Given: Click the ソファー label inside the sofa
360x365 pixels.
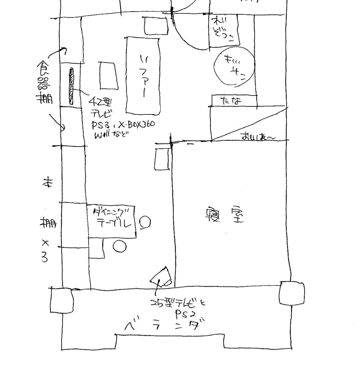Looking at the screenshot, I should (144, 75).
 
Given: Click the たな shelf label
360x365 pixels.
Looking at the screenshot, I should (231, 101).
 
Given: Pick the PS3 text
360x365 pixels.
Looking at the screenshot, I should (100, 124).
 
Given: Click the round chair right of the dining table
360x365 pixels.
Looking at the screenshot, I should (145, 222).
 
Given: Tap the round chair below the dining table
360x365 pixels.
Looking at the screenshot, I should (119, 246).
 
